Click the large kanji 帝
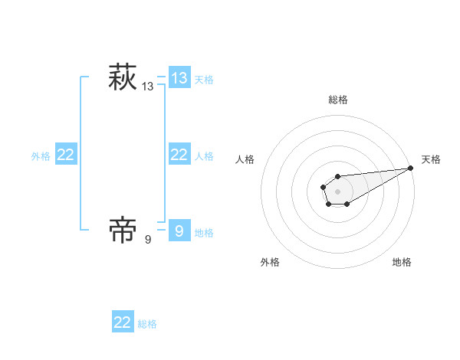[122, 230]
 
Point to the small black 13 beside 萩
[148, 87]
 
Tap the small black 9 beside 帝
[148, 240]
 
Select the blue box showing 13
[179, 77]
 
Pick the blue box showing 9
[179, 230]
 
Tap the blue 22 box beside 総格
[123, 322]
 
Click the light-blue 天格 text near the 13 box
[204, 79]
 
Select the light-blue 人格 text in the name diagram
[204, 155]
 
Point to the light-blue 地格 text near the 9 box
[204, 232]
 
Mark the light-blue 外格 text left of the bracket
[41, 155]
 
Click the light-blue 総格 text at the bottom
[147, 324]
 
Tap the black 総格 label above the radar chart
[337, 100]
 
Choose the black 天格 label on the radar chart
[431, 159]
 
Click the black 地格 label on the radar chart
[402, 262]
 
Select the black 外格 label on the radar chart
[270, 262]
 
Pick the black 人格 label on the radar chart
[245, 159]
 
